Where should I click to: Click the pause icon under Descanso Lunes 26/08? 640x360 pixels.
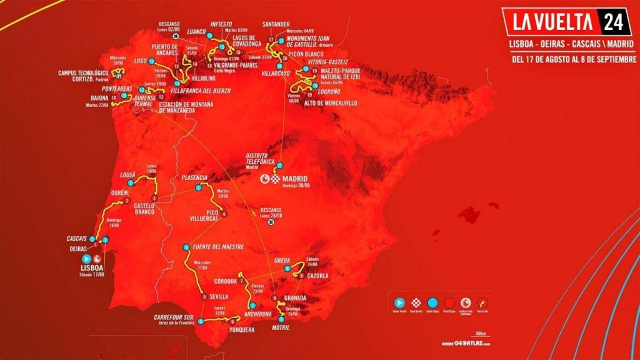(x=271, y=222)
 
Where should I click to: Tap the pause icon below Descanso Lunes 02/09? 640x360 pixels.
(x=177, y=36)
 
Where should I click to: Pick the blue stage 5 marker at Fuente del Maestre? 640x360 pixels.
(x=186, y=248)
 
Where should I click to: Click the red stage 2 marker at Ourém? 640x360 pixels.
(x=127, y=201)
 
